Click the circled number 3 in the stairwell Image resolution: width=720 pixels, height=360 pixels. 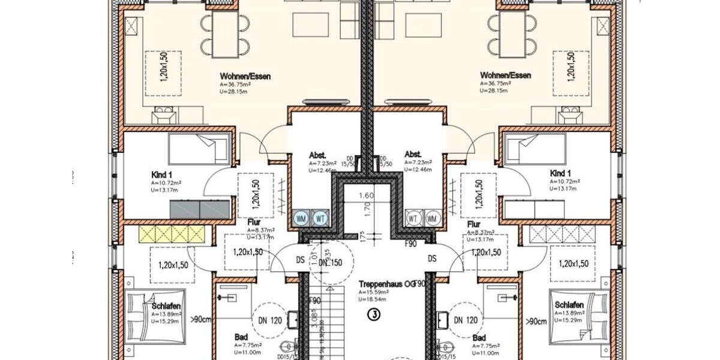pos(374,313)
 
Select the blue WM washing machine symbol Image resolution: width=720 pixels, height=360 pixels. pos(302,218)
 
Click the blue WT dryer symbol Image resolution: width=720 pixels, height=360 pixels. pos(320,218)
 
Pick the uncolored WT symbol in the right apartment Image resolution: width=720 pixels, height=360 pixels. pos(413,218)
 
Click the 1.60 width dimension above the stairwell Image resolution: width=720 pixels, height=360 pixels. pos(367,196)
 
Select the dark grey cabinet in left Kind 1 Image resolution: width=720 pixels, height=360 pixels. pos(200,209)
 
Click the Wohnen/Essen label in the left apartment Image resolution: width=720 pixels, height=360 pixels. pos(245,77)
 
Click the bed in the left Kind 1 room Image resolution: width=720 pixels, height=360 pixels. pos(199,148)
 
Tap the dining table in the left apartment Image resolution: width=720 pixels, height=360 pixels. pos(225,34)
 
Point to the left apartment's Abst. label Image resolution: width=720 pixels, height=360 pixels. pos(318,153)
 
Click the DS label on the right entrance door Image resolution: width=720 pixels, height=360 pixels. pos(431,259)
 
